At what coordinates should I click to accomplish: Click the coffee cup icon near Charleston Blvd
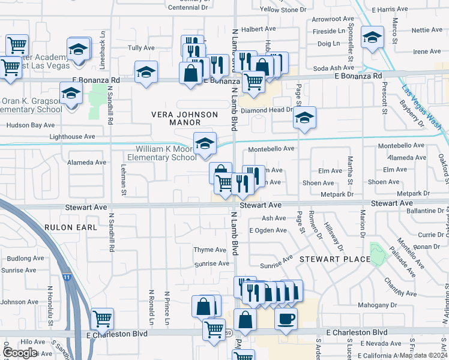286,317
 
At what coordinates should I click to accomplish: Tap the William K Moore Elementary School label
166,153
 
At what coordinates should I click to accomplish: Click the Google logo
19,353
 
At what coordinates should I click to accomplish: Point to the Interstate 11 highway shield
65,277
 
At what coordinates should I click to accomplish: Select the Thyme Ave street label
209,250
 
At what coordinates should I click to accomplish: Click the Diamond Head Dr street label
266,111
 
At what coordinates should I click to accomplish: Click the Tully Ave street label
141,47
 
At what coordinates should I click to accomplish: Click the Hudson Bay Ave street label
30,125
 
